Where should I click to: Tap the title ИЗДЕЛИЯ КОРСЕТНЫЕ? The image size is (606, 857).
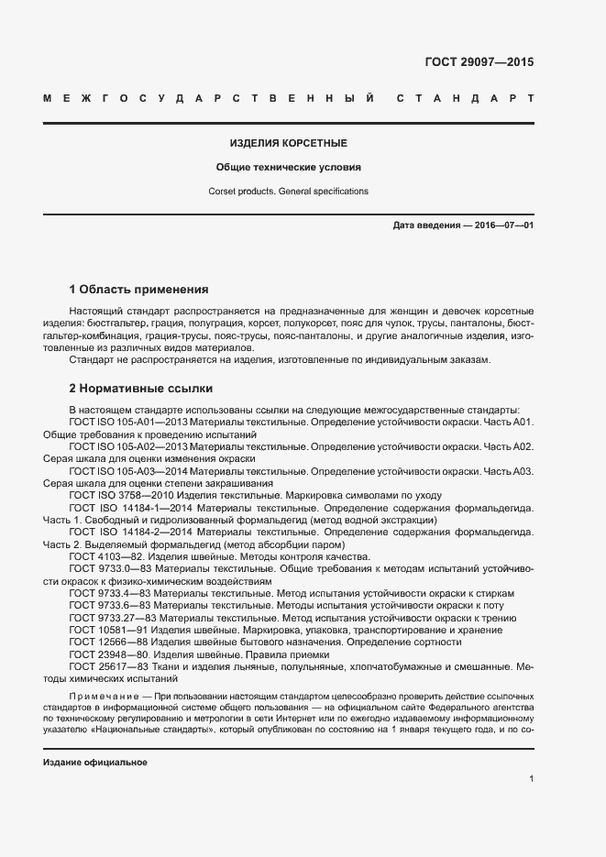[288, 144]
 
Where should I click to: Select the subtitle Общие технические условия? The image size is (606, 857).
[288, 168]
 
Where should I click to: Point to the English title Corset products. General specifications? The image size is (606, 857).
[288, 192]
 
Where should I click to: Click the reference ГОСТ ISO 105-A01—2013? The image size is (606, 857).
[127, 422]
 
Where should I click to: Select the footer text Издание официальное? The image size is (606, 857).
[95, 763]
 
